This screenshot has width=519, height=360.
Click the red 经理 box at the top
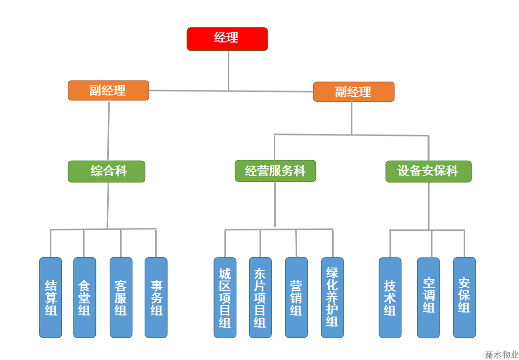pos(227,39)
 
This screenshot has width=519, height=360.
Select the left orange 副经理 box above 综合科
pos(108,90)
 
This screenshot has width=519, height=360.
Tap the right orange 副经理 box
pos(353,91)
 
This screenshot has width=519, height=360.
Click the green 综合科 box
pos(106,172)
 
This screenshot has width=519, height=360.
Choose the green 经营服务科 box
pos(275,171)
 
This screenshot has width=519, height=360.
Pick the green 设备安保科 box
pos(428,172)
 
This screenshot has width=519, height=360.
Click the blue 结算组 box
pos(50,297)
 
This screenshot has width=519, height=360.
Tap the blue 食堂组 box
pos(85,297)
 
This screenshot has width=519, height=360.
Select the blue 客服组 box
pos(121,297)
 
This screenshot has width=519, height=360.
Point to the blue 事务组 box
pos(156,297)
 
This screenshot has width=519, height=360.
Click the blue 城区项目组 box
pos(225,297)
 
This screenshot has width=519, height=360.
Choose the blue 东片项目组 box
pos(260,297)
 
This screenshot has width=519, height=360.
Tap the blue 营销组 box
pos(296,297)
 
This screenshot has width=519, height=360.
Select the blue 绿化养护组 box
pos(332,297)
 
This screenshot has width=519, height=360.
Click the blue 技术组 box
pos(390,297)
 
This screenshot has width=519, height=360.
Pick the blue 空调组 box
pos(428,297)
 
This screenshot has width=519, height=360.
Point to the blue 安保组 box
pos(464,297)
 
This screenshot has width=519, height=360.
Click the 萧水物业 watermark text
pos(501,355)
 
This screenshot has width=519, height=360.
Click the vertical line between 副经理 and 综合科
pos(109,131)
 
